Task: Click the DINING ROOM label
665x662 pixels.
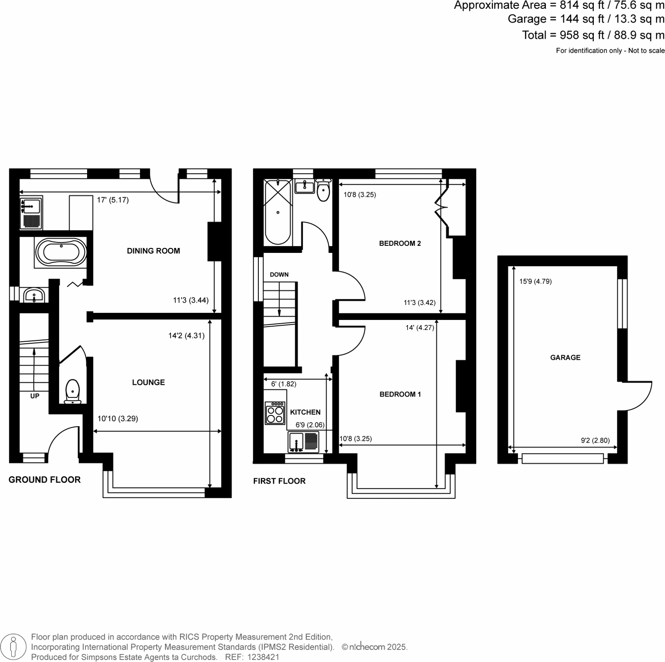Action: point(153,251)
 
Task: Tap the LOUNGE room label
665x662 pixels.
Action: point(148,382)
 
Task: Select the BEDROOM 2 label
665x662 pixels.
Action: point(400,243)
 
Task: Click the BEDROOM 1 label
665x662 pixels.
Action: point(400,394)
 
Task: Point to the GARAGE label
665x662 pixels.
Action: point(565,358)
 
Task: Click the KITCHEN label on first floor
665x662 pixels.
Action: point(305,412)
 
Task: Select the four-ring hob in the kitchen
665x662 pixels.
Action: point(275,414)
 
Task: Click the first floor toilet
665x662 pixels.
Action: point(323,191)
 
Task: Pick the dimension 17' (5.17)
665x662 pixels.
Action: point(113,200)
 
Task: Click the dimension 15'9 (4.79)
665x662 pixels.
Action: point(535,281)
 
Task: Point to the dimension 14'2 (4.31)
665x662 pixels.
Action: point(186,335)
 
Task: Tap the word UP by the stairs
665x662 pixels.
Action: point(35,396)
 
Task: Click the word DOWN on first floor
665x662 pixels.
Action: point(279,275)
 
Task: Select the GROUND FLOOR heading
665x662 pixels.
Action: point(44,480)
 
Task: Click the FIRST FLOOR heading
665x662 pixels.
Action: point(279,481)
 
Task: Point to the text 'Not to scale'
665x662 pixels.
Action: point(646,51)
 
